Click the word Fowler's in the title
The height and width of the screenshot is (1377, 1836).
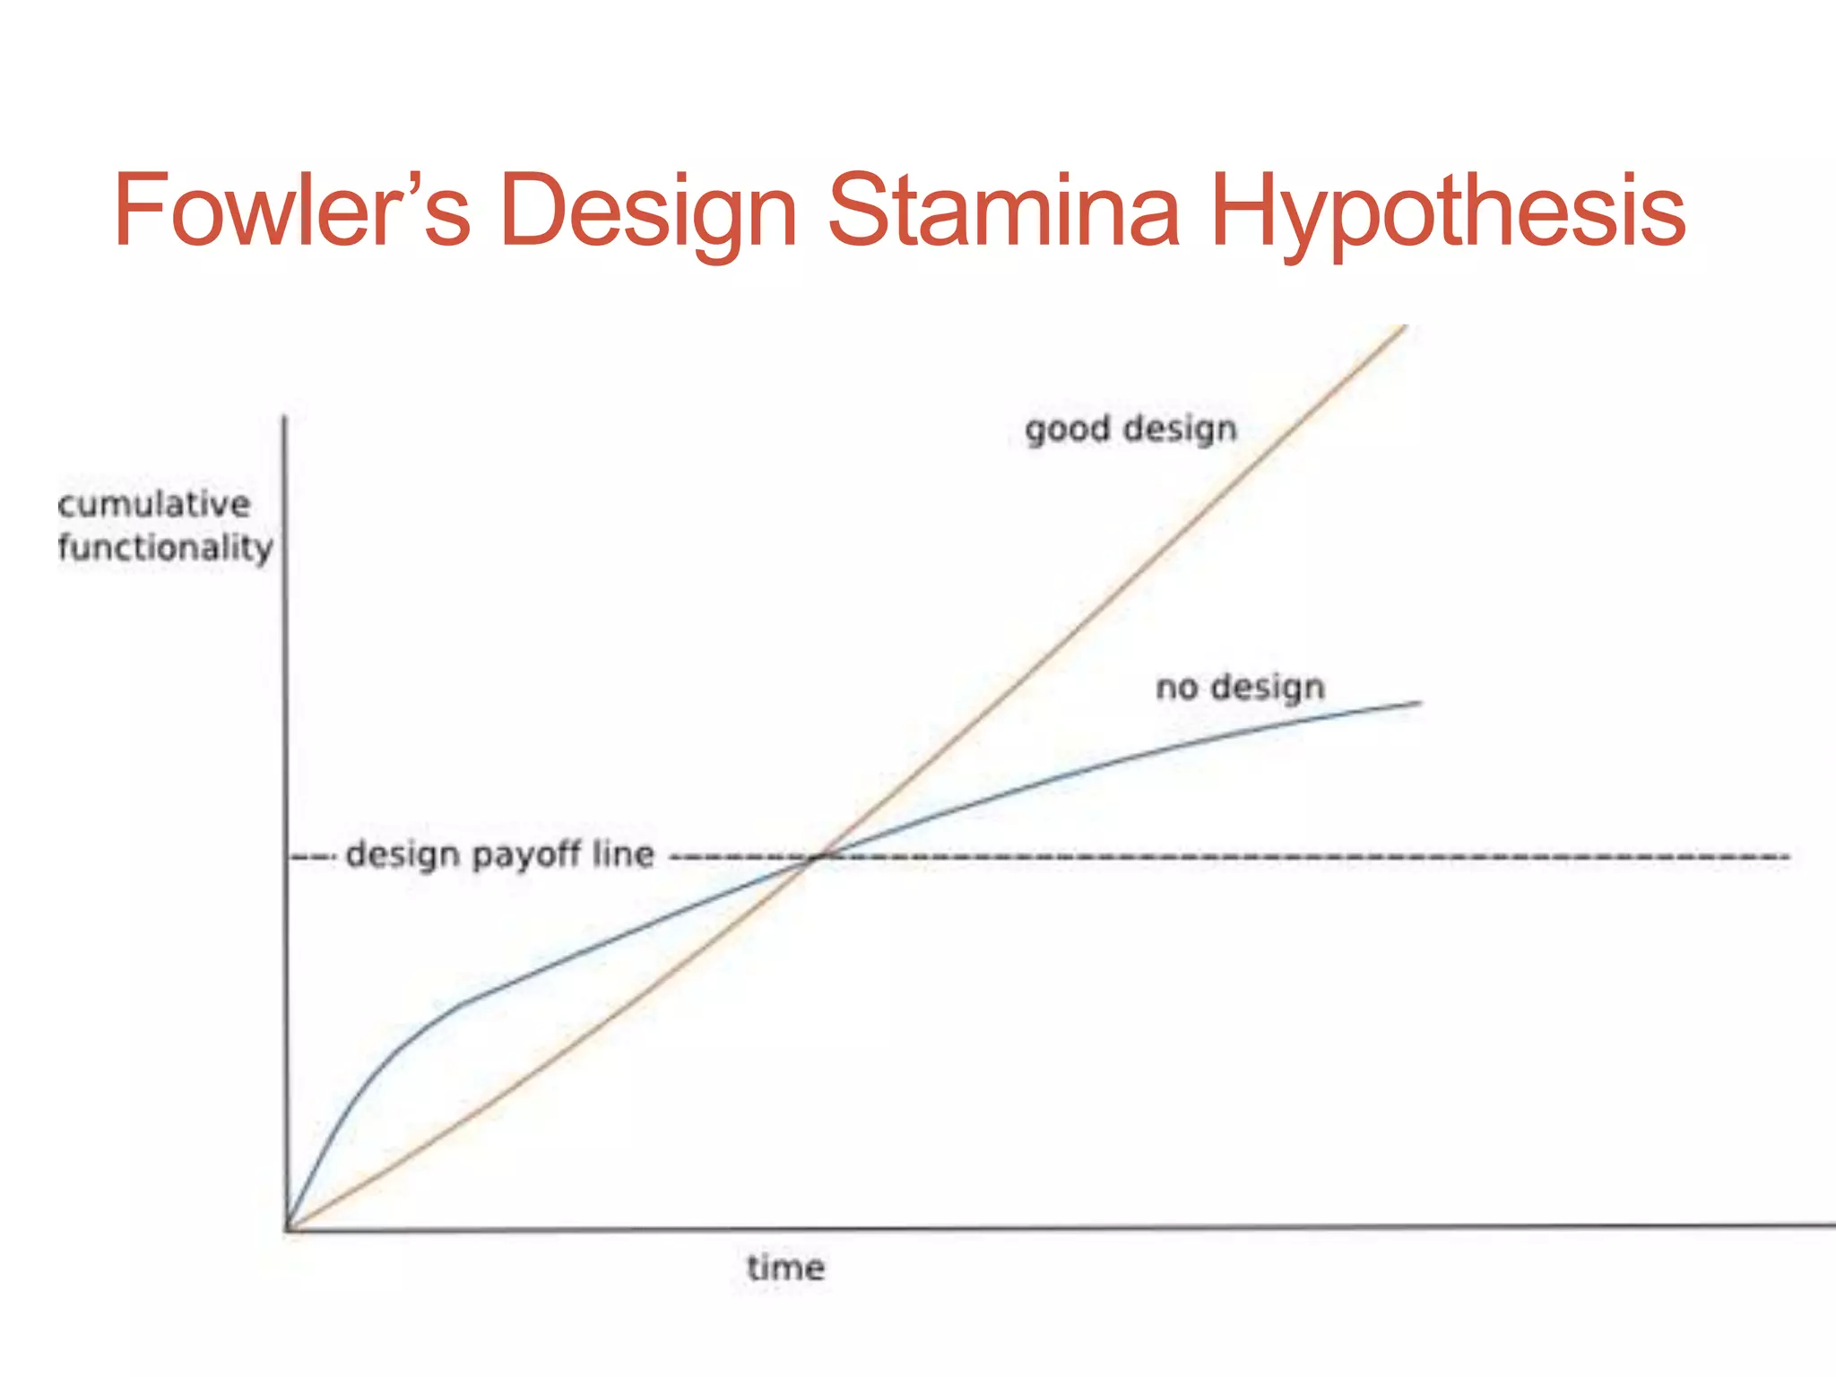[291, 212]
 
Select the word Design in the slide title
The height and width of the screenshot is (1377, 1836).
[647, 212]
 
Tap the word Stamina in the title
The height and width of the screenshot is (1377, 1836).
[1002, 212]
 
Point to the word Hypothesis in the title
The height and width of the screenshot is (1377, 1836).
[1447, 212]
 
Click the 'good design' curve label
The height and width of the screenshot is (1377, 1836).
[1130, 429]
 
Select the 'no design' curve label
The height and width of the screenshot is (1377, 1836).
[1240, 688]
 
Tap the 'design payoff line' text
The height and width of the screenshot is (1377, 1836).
[499, 854]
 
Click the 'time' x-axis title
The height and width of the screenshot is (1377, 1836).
[785, 1268]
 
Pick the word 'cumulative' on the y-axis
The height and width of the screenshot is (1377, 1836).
[153, 504]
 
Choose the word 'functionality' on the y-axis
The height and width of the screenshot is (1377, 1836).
[165, 547]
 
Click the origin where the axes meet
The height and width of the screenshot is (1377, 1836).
[287, 1228]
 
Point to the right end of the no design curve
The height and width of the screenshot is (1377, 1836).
[1420, 703]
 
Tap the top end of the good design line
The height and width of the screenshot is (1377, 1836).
[1404, 327]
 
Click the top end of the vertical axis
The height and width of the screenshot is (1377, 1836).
[285, 418]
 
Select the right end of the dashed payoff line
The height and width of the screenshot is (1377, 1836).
[1788, 857]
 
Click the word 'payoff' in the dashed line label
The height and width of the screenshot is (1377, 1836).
[526, 855]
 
